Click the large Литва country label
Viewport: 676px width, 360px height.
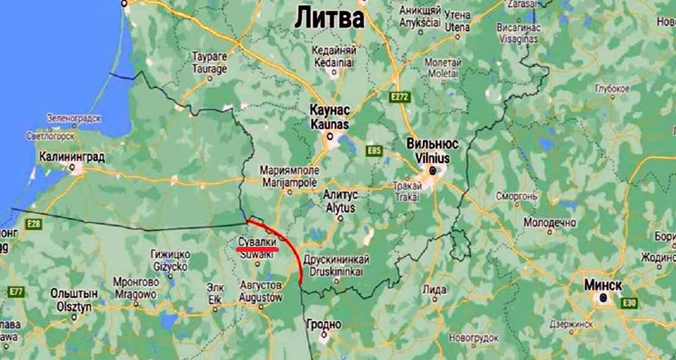[329, 18]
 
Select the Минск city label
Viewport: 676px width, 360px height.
[602, 285]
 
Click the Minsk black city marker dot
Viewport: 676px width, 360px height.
[603, 298]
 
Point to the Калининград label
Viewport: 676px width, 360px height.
[72, 157]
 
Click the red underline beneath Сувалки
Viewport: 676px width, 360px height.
[257, 248]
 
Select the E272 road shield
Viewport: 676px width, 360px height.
[400, 97]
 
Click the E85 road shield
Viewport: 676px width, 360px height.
[374, 150]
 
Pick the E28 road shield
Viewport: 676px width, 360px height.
[34, 224]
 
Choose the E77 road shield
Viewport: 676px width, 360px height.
[16, 292]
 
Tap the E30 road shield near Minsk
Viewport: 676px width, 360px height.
[629, 302]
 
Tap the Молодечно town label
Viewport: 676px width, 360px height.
[549, 223]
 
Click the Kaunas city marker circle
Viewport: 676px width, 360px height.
[330, 137]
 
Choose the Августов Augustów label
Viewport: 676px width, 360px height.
[260, 292]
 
